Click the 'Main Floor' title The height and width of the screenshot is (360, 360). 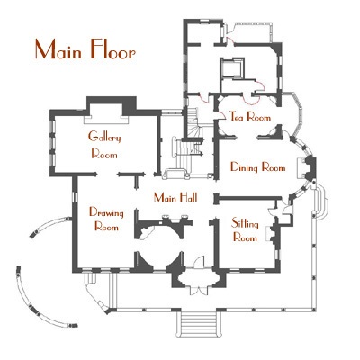[x=85, y=49]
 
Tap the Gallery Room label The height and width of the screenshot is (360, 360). [x=104, y=146]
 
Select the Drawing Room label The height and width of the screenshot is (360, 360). [x=106, y=220]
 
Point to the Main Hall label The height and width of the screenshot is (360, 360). [x=175, y=198]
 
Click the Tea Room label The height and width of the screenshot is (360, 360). [x=250, y=116]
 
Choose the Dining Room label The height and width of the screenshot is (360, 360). [x=258, y=167]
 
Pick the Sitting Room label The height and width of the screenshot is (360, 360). [x=245, y=230]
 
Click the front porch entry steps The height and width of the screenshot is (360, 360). [x=198, y=323]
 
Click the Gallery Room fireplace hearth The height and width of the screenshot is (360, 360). [x=106, y=120]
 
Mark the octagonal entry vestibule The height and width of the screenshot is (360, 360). [x=198, y=279]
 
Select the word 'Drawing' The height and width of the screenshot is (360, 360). [x=106, y=213]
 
